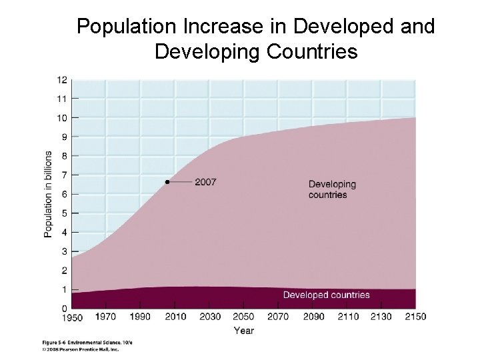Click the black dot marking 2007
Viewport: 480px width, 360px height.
point(167,182)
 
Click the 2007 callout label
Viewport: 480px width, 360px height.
point(205,182)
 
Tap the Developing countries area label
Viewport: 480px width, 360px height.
point(332,189)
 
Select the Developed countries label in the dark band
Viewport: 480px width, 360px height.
point(326,295)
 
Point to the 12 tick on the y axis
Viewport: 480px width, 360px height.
point(62,80)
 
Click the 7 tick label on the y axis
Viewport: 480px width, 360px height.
point(64,175)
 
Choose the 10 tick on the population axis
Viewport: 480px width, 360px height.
point(62,118)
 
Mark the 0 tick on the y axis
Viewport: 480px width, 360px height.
point(64,309)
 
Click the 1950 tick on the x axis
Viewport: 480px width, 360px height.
point(71,317)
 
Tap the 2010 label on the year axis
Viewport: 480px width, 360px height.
point(174,317)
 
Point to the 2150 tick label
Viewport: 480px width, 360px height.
point(415,317)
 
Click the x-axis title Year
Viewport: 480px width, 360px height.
point(243,331)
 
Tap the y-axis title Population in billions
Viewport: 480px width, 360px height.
point(48,193)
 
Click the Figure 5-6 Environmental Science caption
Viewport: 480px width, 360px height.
point(87,341)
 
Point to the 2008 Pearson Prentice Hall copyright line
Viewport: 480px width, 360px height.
point(81,348)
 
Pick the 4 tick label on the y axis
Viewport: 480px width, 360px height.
point(64,233)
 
